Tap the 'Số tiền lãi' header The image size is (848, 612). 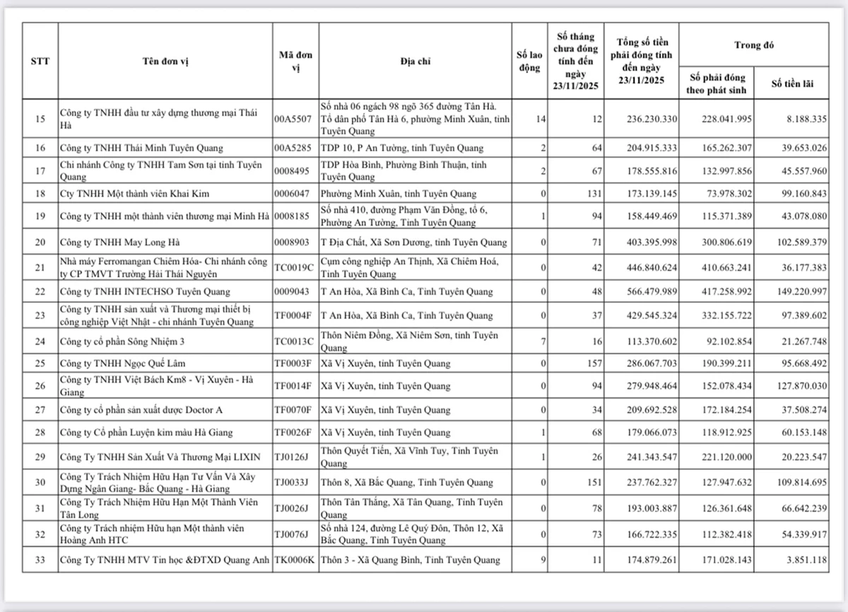791,83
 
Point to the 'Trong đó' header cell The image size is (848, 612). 753,45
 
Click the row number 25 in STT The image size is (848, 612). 40,364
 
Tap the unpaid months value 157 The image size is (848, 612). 594,364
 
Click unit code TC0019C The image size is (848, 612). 293,267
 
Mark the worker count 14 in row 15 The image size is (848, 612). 541,119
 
